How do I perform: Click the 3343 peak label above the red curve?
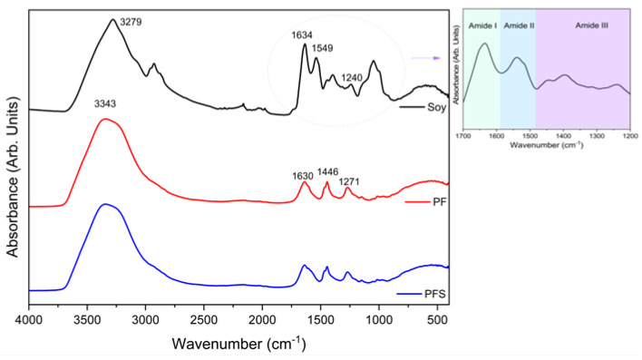click(107, 104)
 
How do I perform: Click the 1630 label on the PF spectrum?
click(304, 175)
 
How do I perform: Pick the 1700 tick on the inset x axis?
click(463, 135)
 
